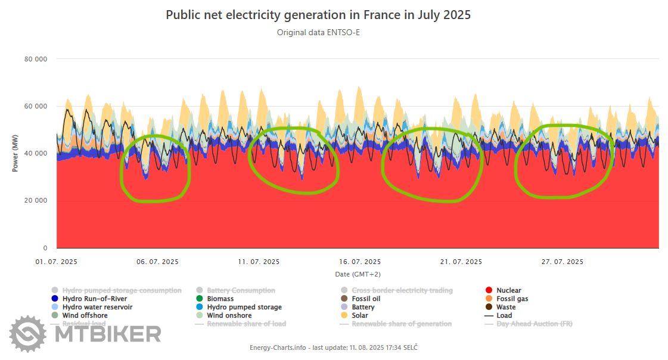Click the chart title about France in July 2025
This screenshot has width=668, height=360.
[318, 15]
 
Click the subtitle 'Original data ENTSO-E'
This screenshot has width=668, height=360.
[318, 32]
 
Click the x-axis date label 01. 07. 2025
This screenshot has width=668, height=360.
[57, 262]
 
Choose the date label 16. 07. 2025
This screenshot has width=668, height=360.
[360, 262]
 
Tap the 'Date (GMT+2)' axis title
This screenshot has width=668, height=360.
[358, 274]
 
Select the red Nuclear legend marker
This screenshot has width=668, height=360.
[489, 290]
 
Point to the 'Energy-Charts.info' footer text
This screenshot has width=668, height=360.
[277, 347]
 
